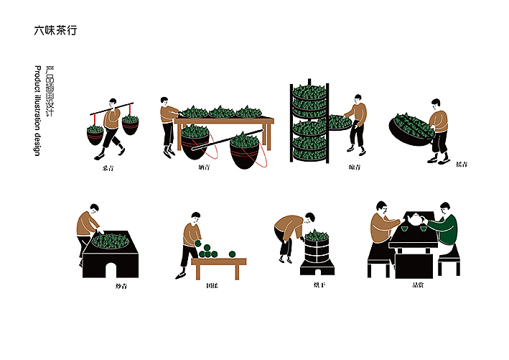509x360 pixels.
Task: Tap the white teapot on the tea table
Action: pos(414,219)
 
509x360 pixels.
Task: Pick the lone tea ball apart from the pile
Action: pos(232,254)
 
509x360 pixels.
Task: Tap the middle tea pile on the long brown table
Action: pos(221,112)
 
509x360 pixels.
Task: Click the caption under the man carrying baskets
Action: pos(108,167)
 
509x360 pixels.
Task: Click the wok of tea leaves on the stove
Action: pos(111,239)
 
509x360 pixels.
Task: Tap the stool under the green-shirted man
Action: pos(449,260)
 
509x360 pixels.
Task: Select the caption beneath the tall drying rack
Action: pos(353,167)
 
